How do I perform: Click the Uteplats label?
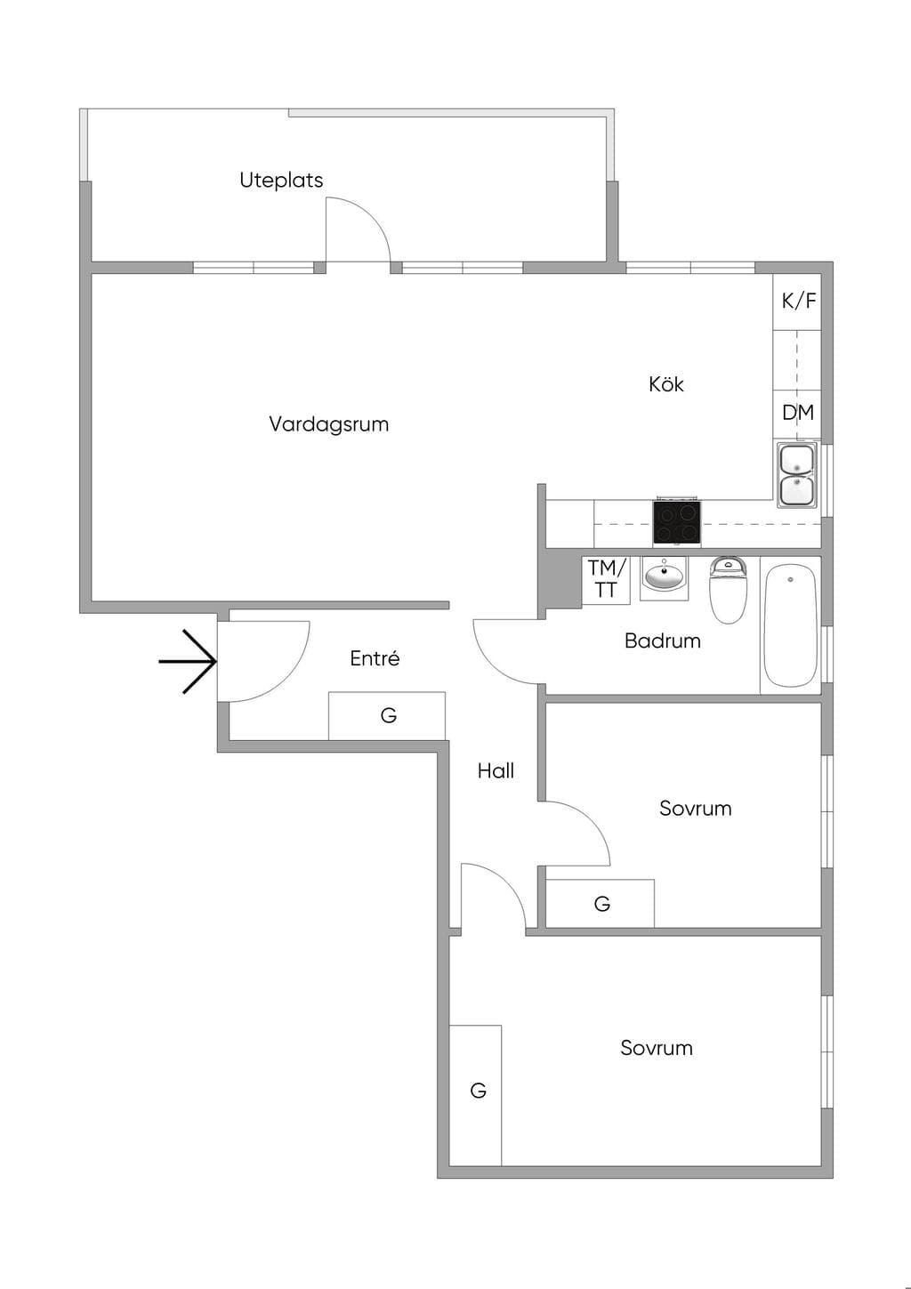pos(281,180)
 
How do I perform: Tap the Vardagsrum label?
pos(328,424)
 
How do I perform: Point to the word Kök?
pos(665,383)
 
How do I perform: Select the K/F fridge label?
pos(799,301)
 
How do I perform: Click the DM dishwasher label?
pos(798,412)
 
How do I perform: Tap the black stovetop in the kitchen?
pos(677,523)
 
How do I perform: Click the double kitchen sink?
pos(797,475)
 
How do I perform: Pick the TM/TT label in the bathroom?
pos(606,579)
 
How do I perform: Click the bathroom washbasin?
pos(665,575)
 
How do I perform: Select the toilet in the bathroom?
pos(728,589)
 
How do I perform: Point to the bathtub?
pos(791,625)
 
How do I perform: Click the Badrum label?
pos(663,640)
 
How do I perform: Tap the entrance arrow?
pos(188,662)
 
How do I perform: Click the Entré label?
pos(375,657)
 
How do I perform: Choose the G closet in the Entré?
pos(387,715)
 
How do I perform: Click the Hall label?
pos(496,770)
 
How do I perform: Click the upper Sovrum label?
pos(695,808)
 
